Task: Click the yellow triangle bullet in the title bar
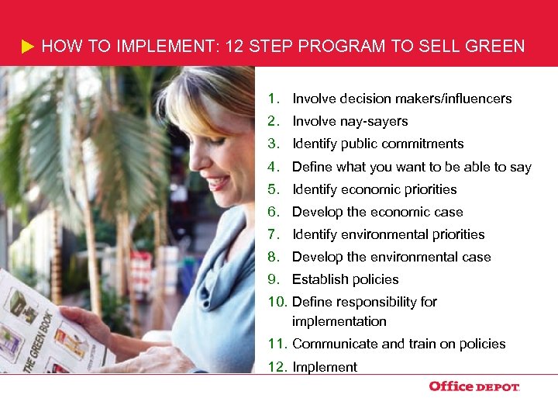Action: pyautogui.click(x=28, y=47)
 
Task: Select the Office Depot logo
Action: pyautogui.click(x=474, y=386)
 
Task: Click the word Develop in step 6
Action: pyautogui.click(x=316, y=212)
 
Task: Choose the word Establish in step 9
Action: pyautogui.click(x=319, y=279)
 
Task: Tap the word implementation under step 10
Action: pyautogui.click(x=339, y=321)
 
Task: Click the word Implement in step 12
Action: pyautogui.click(x=325, y=367)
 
